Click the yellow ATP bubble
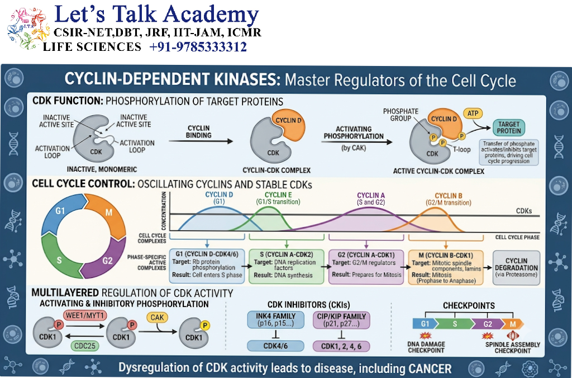(473, 113)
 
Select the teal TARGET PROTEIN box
(508, 127)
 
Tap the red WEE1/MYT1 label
(85, 315)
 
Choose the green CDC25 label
(85, 346)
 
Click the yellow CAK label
(157, 318)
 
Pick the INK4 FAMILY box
(276, 320)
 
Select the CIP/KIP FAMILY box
(341, 320)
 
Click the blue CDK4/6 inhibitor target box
(276, 346)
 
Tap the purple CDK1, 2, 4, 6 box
(341, 346)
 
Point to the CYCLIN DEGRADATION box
(516, 268)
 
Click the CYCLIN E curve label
(278, 199)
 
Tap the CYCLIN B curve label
(449, 199)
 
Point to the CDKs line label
(524, 211)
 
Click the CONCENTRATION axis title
(164, 211)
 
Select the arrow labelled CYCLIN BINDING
(201, 141)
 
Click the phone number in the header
(198, 47)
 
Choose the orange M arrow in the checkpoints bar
(512, 324)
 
